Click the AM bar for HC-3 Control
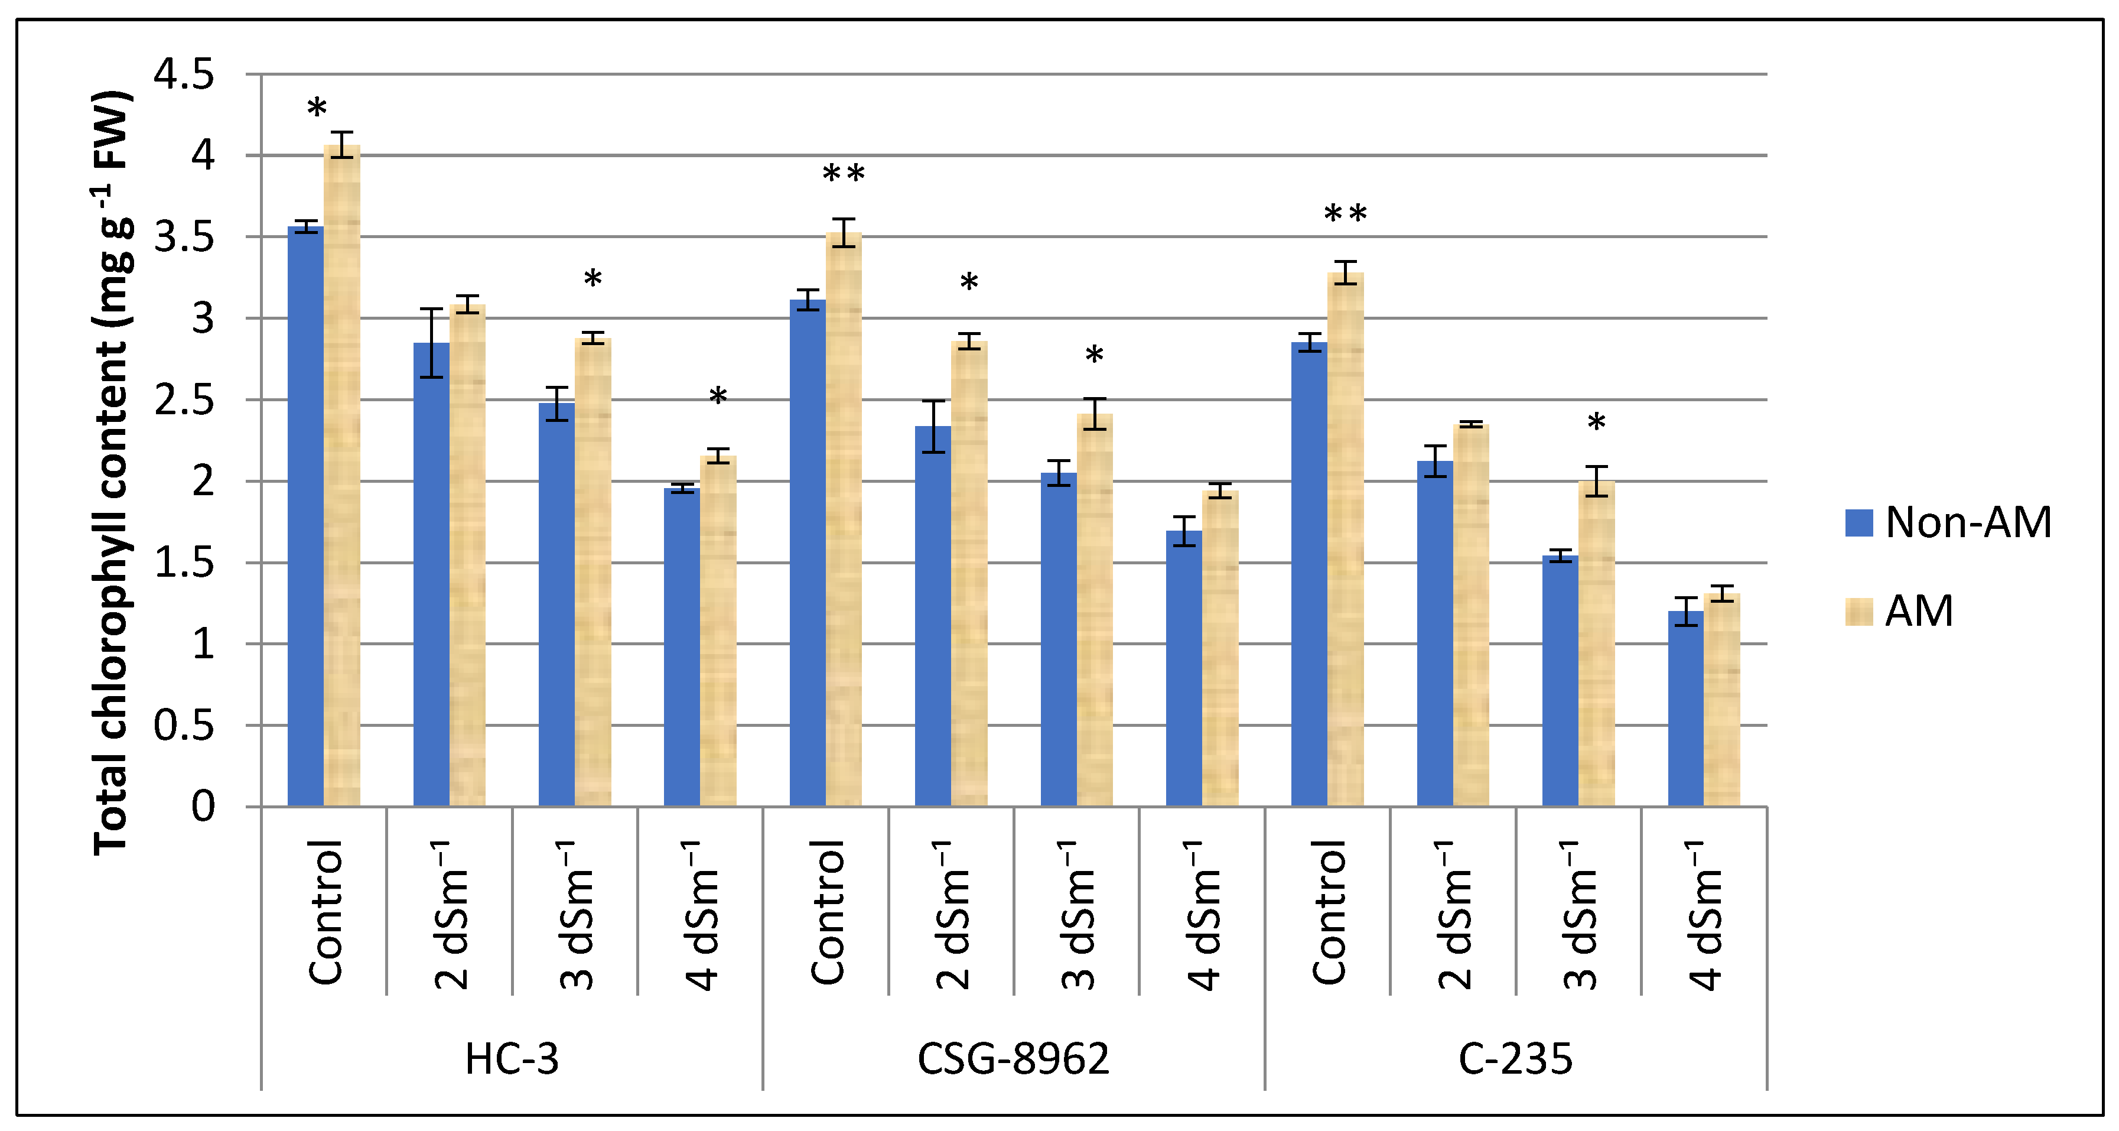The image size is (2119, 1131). tap(341, 477)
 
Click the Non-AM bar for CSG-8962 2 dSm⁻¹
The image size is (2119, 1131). tap(933, 617)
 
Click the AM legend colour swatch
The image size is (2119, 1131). tap(1859, 611)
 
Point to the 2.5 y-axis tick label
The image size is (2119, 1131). tap(184, 401)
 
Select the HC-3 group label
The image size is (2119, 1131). tap(512, 1059)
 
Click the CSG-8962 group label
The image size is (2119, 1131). tap(1014, 1059)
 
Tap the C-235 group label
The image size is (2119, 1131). tap(1515, 1059)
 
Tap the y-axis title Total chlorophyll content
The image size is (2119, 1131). tap(111, 473)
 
